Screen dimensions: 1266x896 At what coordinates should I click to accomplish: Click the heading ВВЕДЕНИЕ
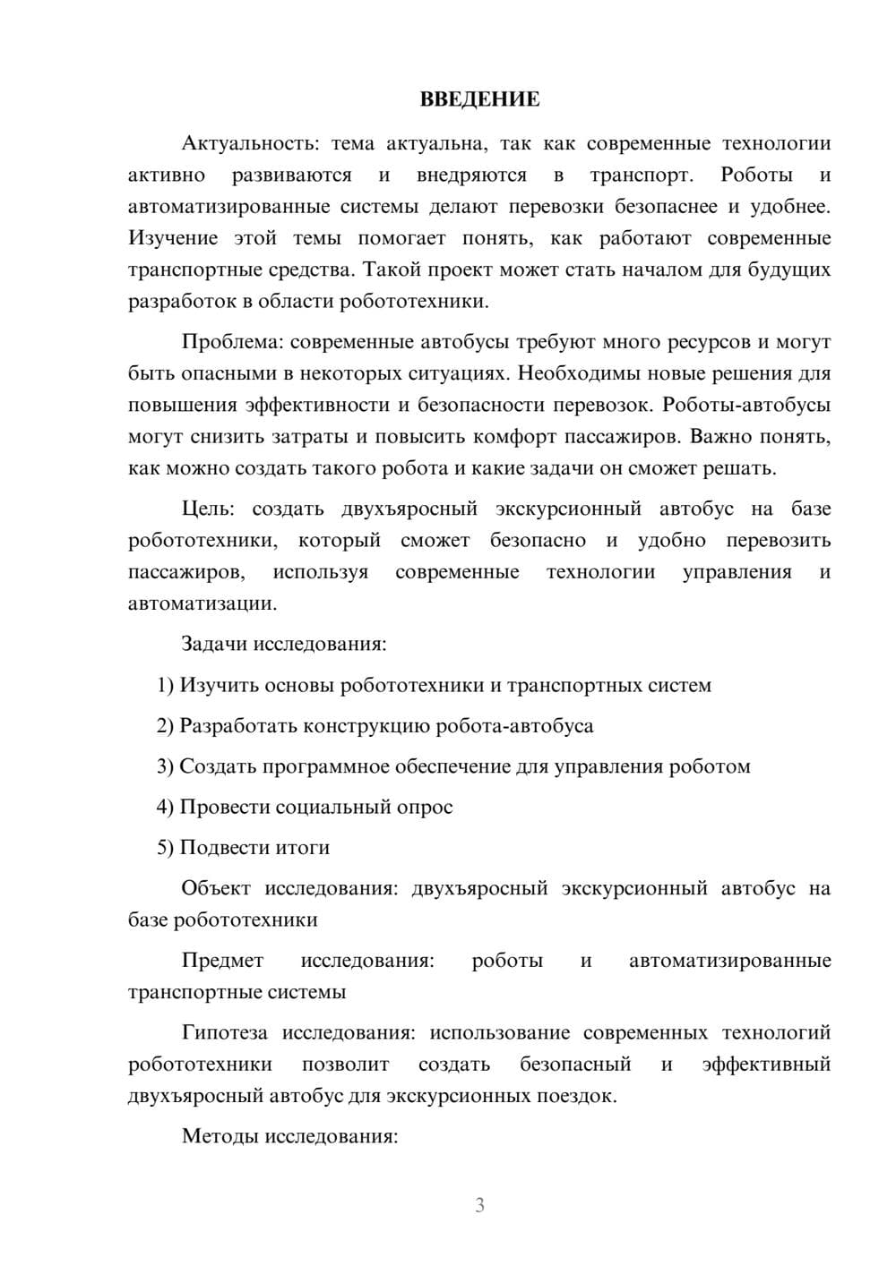click(479, 99)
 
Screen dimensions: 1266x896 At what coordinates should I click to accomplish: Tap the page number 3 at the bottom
click(479, 1205)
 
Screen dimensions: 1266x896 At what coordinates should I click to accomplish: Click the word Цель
click(208, 509)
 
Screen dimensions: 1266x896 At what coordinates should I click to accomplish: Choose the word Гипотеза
click(224, 1033)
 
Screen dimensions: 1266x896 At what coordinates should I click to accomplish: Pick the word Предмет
click(222, 961)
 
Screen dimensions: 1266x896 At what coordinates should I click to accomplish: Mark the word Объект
click(215, 889)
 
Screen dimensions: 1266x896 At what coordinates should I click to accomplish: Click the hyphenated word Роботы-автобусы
click(746, 405)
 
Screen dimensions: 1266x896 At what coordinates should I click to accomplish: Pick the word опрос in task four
click(424, 808)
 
